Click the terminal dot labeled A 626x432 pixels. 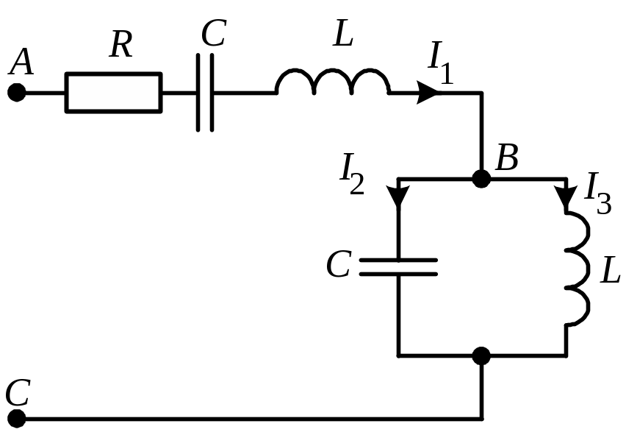click(x=17, y=93)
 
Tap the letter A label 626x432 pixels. click(x=21, y=62)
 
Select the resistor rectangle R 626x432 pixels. click(x=114, y=93)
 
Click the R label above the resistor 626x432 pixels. click(x=120, y=44)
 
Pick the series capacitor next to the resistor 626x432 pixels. click(x=205, y=93)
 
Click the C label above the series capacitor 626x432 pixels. click(x=214, y=33)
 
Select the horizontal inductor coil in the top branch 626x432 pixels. click(x=333, y=82)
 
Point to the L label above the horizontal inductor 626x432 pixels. click(x=343, y=34)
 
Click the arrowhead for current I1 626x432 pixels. click(x=428, y=93)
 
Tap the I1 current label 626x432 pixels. click(x=441, y=62)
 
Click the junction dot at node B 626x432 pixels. click(x=481, y=178)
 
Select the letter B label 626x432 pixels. click(x=507, y=157)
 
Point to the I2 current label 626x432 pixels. click(x=352, y=174)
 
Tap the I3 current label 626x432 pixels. click(x=597, y=193)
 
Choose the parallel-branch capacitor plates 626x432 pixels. click(x=398, y=267)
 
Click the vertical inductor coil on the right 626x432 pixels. click(x=578, y=267)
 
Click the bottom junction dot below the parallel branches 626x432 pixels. click(x=481, y=355)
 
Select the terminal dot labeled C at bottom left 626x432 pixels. click(x=17, y=419)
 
